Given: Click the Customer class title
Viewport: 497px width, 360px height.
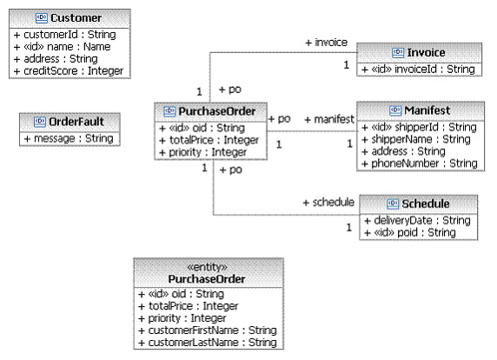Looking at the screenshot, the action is (76, 18).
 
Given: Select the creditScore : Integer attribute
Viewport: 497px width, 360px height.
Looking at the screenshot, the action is (69, 71).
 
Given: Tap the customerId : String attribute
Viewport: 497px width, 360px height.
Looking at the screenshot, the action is (64, 35).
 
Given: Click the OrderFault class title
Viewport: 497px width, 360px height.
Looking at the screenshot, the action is (76, 122).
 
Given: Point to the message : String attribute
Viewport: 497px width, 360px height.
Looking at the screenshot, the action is (69, 138).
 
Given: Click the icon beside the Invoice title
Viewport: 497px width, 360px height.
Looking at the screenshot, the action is (398, 52).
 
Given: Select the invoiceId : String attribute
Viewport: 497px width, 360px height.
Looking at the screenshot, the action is (418, 70).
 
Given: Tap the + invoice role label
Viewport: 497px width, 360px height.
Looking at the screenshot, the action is (326, 43).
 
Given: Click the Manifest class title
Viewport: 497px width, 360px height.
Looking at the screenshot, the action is (427, 110).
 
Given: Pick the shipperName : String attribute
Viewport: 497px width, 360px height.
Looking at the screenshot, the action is (416, 139).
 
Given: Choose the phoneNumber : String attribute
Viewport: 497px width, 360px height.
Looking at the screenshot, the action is (420, 163).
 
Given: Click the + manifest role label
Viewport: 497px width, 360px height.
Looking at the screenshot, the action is (329, 119).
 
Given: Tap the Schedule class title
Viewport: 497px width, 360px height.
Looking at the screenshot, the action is (426, 204).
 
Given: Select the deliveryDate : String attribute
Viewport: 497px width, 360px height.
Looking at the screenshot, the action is (417, 221).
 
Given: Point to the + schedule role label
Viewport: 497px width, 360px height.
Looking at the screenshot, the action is (328, 203).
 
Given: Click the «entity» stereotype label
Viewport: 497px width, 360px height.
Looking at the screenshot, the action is (208, 267).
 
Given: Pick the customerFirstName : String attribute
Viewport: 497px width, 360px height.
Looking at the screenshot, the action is (208, 330).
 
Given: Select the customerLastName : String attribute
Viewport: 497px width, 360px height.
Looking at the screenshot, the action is (208, 343).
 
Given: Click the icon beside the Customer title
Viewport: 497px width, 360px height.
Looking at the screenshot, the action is (42, 17).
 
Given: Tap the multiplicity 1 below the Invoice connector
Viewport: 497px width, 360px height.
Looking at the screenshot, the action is (347, 64).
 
